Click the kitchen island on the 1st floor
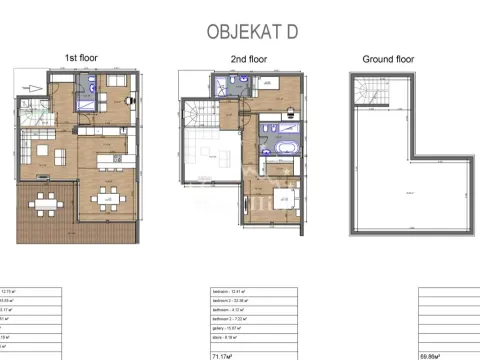coord(104,160)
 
